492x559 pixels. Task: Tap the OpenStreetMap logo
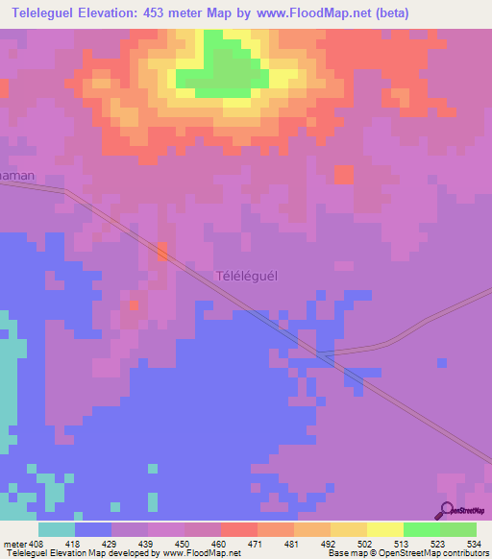coord(461,510)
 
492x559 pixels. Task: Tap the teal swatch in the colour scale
coord(57,529)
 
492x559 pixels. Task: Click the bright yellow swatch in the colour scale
coord(384,529)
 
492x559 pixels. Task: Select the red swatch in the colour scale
coord(238,529)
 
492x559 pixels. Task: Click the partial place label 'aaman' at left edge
coord(16,177)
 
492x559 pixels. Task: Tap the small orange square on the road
coord(161,252)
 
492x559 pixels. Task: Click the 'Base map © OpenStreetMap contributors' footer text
coord(406,553)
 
